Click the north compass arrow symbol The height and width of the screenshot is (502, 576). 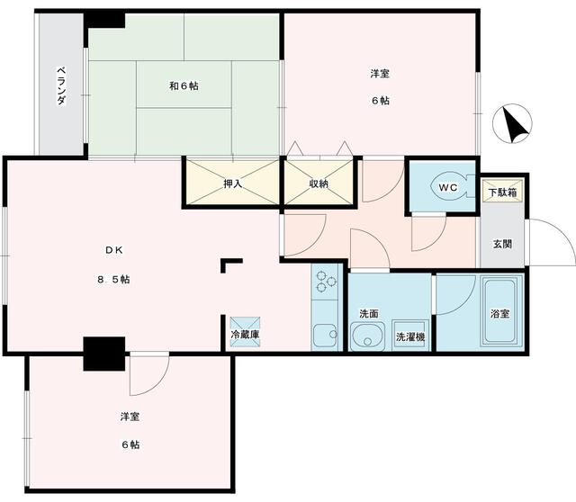(516, 125)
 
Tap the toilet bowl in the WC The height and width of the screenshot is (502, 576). (447, 186)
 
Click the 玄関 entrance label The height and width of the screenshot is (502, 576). (502, 243)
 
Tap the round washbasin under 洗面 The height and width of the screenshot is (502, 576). (364, 338)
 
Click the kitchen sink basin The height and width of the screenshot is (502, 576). (325, 335)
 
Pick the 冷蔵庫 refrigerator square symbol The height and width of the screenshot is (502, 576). (243, 325)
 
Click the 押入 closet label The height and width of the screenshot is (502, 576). (233, 184)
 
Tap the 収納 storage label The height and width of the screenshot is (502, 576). (319, 184)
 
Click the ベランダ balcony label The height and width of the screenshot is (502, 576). (61, 85)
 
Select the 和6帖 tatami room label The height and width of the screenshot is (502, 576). (184, 86)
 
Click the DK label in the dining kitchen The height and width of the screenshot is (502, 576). (112, 248)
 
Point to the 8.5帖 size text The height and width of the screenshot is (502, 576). (113, 280)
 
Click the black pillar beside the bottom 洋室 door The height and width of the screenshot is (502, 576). (103, 353)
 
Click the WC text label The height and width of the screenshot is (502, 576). (447, 186)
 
